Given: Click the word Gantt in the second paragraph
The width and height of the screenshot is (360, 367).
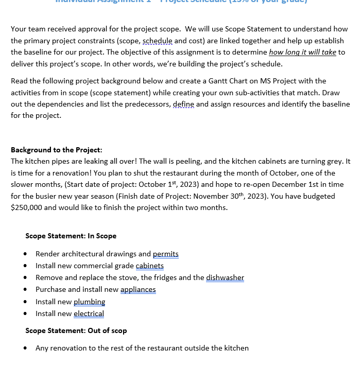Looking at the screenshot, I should point(220,81).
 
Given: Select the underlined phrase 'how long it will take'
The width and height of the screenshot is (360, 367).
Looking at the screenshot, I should point(302,52).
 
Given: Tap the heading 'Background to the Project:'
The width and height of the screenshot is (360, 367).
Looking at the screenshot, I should point(56,150).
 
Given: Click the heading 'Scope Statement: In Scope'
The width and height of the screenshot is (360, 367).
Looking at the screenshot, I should point(71,236).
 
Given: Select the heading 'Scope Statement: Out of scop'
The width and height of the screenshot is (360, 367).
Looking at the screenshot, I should point(76,330).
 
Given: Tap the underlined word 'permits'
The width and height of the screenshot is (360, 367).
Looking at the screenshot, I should point(165,254).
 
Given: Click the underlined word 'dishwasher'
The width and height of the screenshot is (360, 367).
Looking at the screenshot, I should point(225,277).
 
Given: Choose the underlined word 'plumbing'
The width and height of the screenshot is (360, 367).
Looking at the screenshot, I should point(89,302).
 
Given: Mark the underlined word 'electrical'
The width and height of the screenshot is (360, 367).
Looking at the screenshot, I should point(89,313).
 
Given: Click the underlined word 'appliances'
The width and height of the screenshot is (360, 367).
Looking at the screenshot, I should point(138,289).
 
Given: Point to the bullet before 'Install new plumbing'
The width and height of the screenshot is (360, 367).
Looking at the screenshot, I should point(25,302).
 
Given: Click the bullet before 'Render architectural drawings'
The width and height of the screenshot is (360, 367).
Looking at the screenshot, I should point(25,254).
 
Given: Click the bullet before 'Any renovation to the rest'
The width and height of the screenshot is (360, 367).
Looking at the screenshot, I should point(25,348).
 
